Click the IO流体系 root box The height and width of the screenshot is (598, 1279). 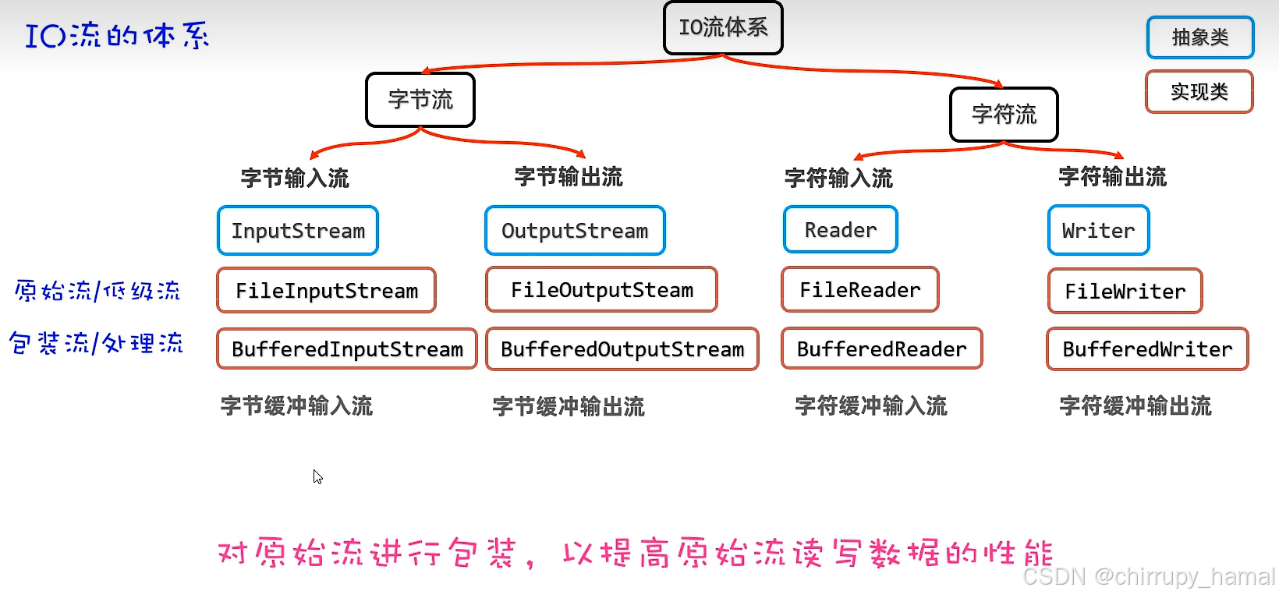pyautogui.click(x=723, y=28)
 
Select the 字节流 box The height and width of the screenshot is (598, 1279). pyautogui.click(x=420, y=100)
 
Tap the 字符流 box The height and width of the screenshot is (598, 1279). pyautogui.click(x=1004, y=115)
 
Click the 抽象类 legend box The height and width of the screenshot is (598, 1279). pyautogui.click(x=1200, y=37)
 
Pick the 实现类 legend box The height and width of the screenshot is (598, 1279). pyautogui.click(x=1199, y=92)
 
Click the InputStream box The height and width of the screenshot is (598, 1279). pyautogui.click(x=298, y=231)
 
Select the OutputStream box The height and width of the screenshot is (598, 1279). pyautogui.click(x=575, y=231)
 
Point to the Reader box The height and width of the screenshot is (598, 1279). pyautogui.click(x=841, y=230)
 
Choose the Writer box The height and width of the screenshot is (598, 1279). pyautogui.click(x=1098, y=231)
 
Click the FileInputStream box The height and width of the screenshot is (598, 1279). pyautogui.click(x=327, y=291)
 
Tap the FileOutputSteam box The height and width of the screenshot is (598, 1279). pyautogui.click(x=601, y=290)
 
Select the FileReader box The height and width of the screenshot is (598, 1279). pyautogui.click(x=860, y=290)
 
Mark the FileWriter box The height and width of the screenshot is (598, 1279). pyautogui.click(x=1125, y=292)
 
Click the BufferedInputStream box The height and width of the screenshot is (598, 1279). pyautogui.click(x=347, y=349)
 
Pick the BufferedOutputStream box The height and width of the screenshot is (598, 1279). pyautogui.click(x=622, y=349)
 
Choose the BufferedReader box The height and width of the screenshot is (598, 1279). pyautogui.click(x=882, y=349)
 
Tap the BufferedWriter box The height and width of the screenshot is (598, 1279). pyautogui.click(x=1147, y=349)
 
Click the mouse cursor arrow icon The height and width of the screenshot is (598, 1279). pyautogui.click(x=317, y=476)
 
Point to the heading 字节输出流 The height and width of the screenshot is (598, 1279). pyautogui.click(x=569, y=177)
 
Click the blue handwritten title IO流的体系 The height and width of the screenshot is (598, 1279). pyautogui.click(x=117, y=36)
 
